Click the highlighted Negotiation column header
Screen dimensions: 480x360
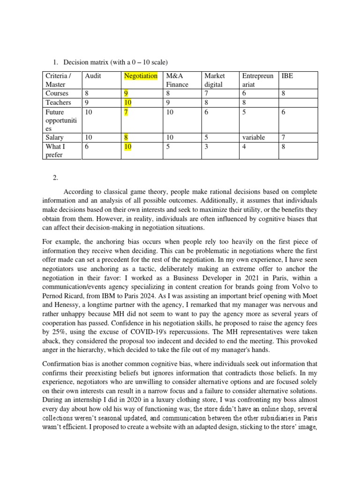click(x=141, y=76)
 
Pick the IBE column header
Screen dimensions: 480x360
click(x=287, y=76)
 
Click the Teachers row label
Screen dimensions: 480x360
click(x=58, y=103)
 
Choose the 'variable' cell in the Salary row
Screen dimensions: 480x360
click(x=253, y=138)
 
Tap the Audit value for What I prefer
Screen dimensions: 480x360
click(x=87, y=147)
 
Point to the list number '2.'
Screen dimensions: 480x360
click(x=56, y=178)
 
